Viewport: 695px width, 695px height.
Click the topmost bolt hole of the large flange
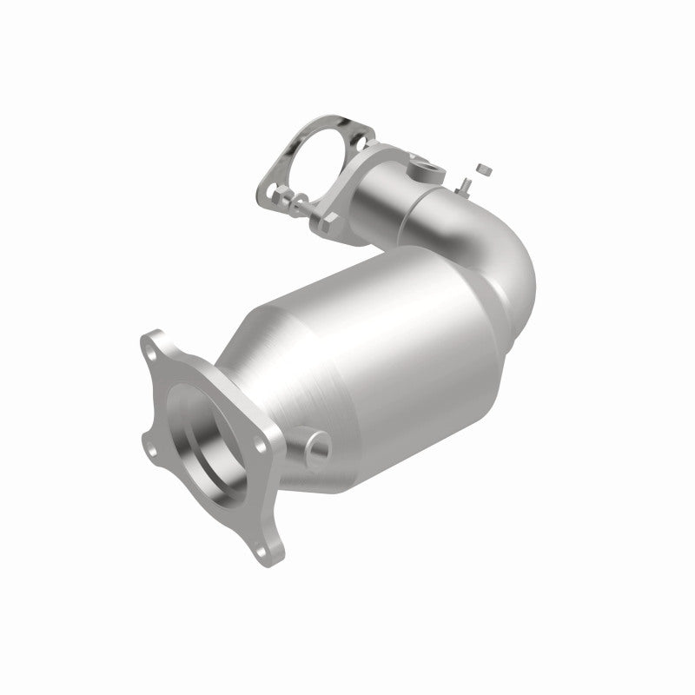[x=155, y=340]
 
